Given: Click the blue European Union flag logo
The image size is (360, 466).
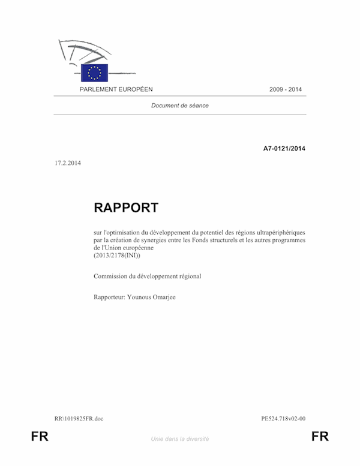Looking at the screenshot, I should [94, 73].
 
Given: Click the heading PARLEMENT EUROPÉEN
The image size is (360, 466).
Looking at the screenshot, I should [116, 89].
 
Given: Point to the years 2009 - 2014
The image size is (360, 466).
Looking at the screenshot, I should [286, 89].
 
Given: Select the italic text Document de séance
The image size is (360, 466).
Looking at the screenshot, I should [180, 106].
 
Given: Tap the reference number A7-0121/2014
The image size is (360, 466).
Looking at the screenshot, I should [284, 148].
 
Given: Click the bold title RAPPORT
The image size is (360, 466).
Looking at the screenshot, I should [126, 208].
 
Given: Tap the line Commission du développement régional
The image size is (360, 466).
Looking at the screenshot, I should [147, 276].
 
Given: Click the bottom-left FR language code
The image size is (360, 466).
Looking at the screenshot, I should [40, 437].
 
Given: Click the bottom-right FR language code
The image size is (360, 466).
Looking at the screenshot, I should [320, 437].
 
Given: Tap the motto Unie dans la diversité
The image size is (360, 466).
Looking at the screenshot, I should [180, 439].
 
